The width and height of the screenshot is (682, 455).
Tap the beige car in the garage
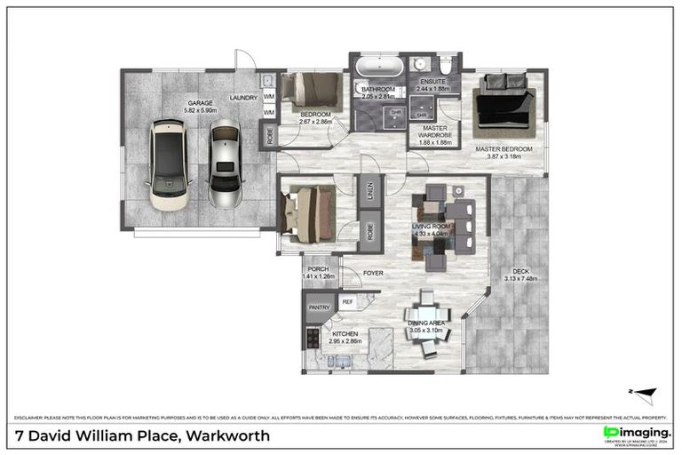coord(169,164)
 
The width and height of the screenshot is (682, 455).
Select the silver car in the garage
coord(225,163)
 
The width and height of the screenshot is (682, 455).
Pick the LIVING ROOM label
coord(432,227)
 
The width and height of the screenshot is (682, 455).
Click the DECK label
coord(522,272)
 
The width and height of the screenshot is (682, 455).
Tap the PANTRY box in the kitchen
coord(319,307)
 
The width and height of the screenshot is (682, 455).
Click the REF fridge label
coord(347,303)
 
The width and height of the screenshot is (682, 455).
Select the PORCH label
coord(318,269)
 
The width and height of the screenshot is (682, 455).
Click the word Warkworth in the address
coord(227,435)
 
